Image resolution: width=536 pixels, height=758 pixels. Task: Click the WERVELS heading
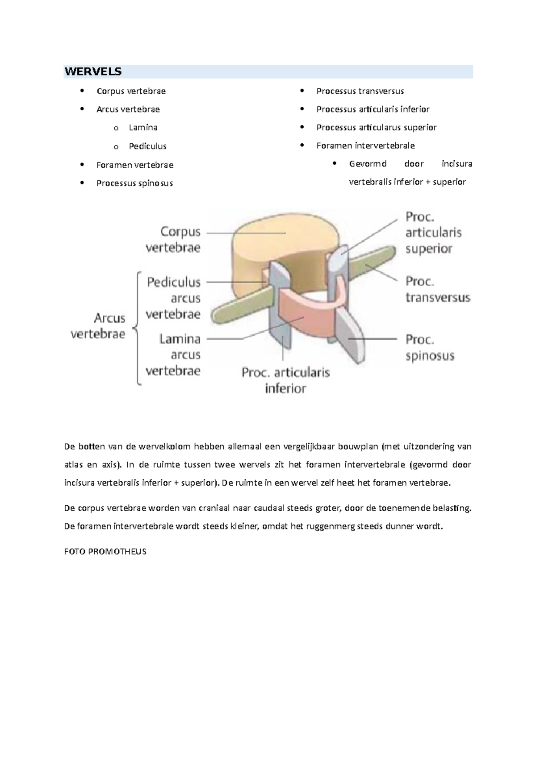coord(93,71)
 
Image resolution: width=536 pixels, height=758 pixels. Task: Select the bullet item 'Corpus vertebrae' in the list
coord(131,91)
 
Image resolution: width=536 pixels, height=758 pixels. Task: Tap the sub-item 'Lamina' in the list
coord(143,128)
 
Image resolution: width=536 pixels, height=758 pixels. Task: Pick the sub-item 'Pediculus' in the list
coord(147,146)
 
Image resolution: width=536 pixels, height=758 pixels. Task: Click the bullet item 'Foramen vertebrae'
coord(135,165)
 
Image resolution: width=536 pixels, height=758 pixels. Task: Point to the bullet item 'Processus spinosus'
coord(134,183)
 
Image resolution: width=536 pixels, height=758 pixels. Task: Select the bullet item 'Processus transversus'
coord(360,91)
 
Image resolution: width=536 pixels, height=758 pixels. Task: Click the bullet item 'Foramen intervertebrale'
coord(365,146)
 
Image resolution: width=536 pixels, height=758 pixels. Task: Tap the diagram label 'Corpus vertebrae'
coord(173,240)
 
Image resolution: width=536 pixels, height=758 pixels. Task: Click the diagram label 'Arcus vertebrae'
coord(98,326)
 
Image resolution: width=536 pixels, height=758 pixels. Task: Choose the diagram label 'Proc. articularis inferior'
coord(286,380)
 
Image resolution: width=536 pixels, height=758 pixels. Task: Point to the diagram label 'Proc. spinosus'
coord(430,348)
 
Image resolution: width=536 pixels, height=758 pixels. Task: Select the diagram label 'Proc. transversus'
coord(438,290)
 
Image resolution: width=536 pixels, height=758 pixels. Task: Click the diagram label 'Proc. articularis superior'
coord(433,233)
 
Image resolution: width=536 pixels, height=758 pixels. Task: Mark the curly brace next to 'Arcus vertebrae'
coord(137,328)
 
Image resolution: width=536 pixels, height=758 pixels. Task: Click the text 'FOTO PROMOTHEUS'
coord(105,551)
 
